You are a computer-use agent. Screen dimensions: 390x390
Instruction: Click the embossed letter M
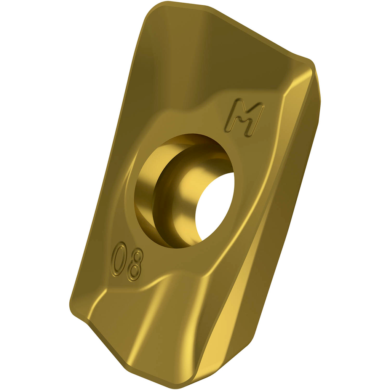[244, 118]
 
